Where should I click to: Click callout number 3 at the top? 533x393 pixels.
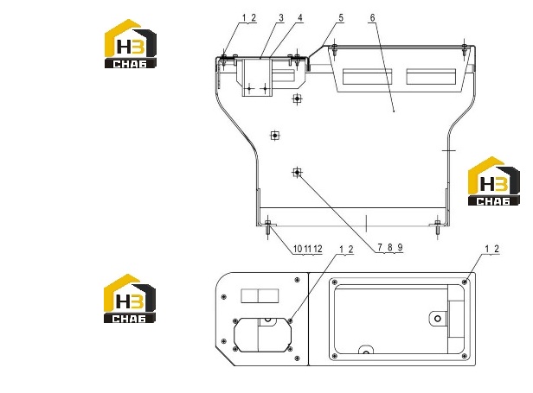pyautogui.click(x=281, y=18)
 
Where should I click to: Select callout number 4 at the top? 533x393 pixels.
pyautogui.click(x=300, y=18)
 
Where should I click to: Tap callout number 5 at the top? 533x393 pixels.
pyautogui.click(x=341, y=18)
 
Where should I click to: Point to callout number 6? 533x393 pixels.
pyautogui.click(x=373, y=18)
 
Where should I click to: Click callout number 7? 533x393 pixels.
pyautogui.click(x=380, y=247)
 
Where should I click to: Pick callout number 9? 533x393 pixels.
pyautogui.click(x=400, y=247)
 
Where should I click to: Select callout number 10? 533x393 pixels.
pyautogui.click(x=298, y=249)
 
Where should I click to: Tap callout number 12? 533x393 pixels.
pyautogui.click(x=318, y=249)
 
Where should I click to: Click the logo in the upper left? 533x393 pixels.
pyautogui.click(x=130, y=43)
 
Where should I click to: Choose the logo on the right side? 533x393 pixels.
pyautogui.click(x=494, y=181)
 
